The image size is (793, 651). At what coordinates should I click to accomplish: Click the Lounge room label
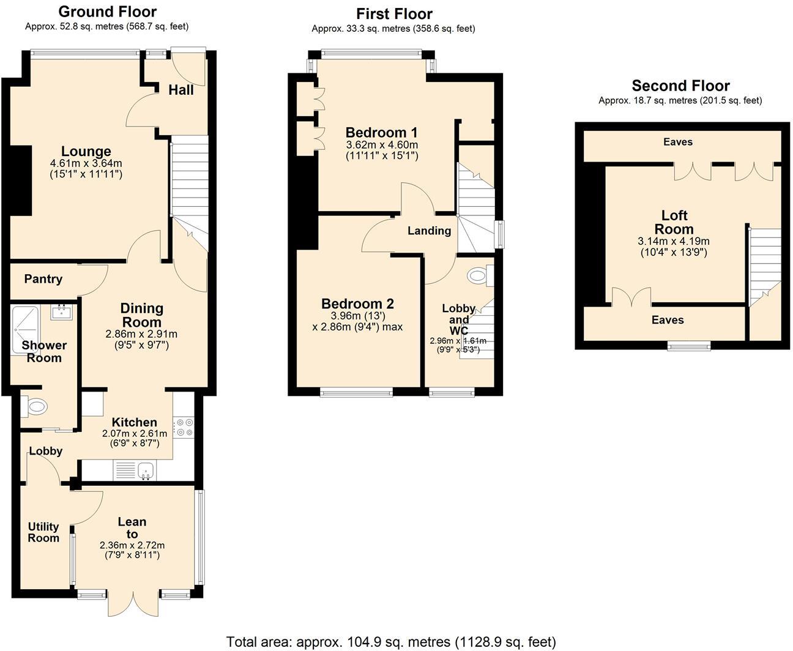tap(86, 151)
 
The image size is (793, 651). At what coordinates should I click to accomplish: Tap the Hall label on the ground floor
tap(181, 90)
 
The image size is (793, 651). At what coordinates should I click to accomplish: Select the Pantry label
tap(43, 279)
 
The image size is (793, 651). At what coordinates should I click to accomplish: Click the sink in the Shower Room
tap(63, 312)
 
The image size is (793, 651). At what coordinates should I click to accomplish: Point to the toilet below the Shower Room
tap(35, 406)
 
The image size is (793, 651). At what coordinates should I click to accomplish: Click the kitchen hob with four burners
tap(184, 427)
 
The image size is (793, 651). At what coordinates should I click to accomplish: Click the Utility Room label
tap(43, 532)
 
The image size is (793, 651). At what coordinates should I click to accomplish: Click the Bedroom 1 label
tap(381, 132)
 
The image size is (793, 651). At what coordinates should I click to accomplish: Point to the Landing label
tap(429, 231)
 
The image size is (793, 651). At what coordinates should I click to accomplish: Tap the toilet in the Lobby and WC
tap(477, 277)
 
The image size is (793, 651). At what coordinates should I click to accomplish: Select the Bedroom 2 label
tap(357, 303)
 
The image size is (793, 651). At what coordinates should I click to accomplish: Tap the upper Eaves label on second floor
tap(678, 142)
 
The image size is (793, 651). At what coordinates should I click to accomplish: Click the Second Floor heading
tap(680, 86)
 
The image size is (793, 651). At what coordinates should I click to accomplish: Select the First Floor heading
tap(394, 13)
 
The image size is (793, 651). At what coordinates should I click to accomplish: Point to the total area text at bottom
tap(391, 642)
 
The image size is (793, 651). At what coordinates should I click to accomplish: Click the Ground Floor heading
tap(107, 12)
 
